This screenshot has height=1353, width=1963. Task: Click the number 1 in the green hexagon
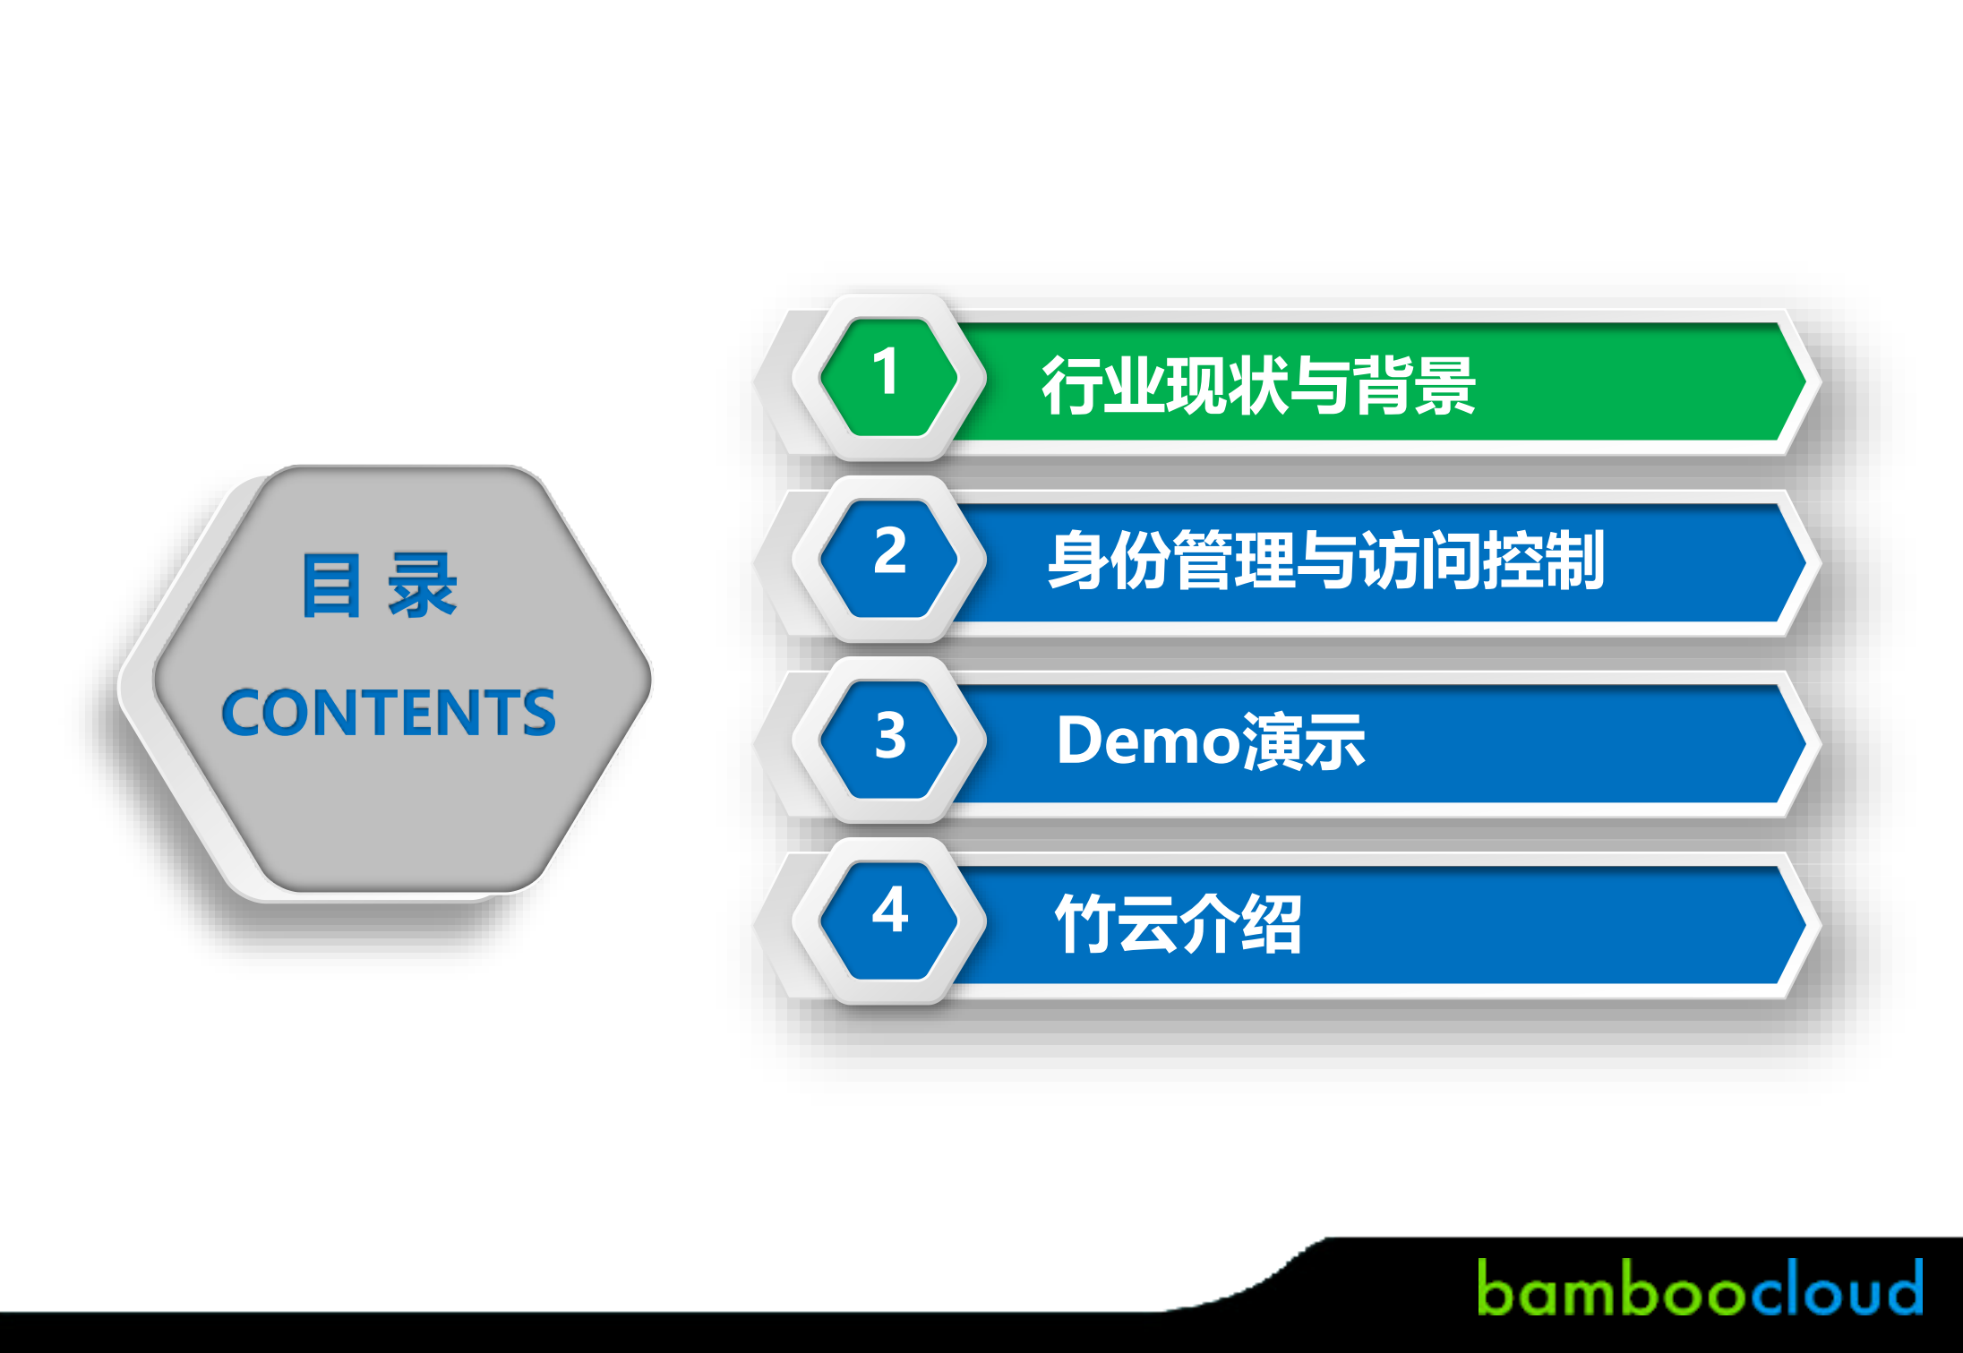887,373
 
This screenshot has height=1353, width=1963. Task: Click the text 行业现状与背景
1258,386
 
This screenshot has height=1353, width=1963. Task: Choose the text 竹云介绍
1178,924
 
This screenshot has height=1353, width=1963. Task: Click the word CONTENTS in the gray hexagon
388,713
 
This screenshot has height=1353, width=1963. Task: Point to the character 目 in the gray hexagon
331,586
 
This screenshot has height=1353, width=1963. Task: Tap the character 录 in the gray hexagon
422,586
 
